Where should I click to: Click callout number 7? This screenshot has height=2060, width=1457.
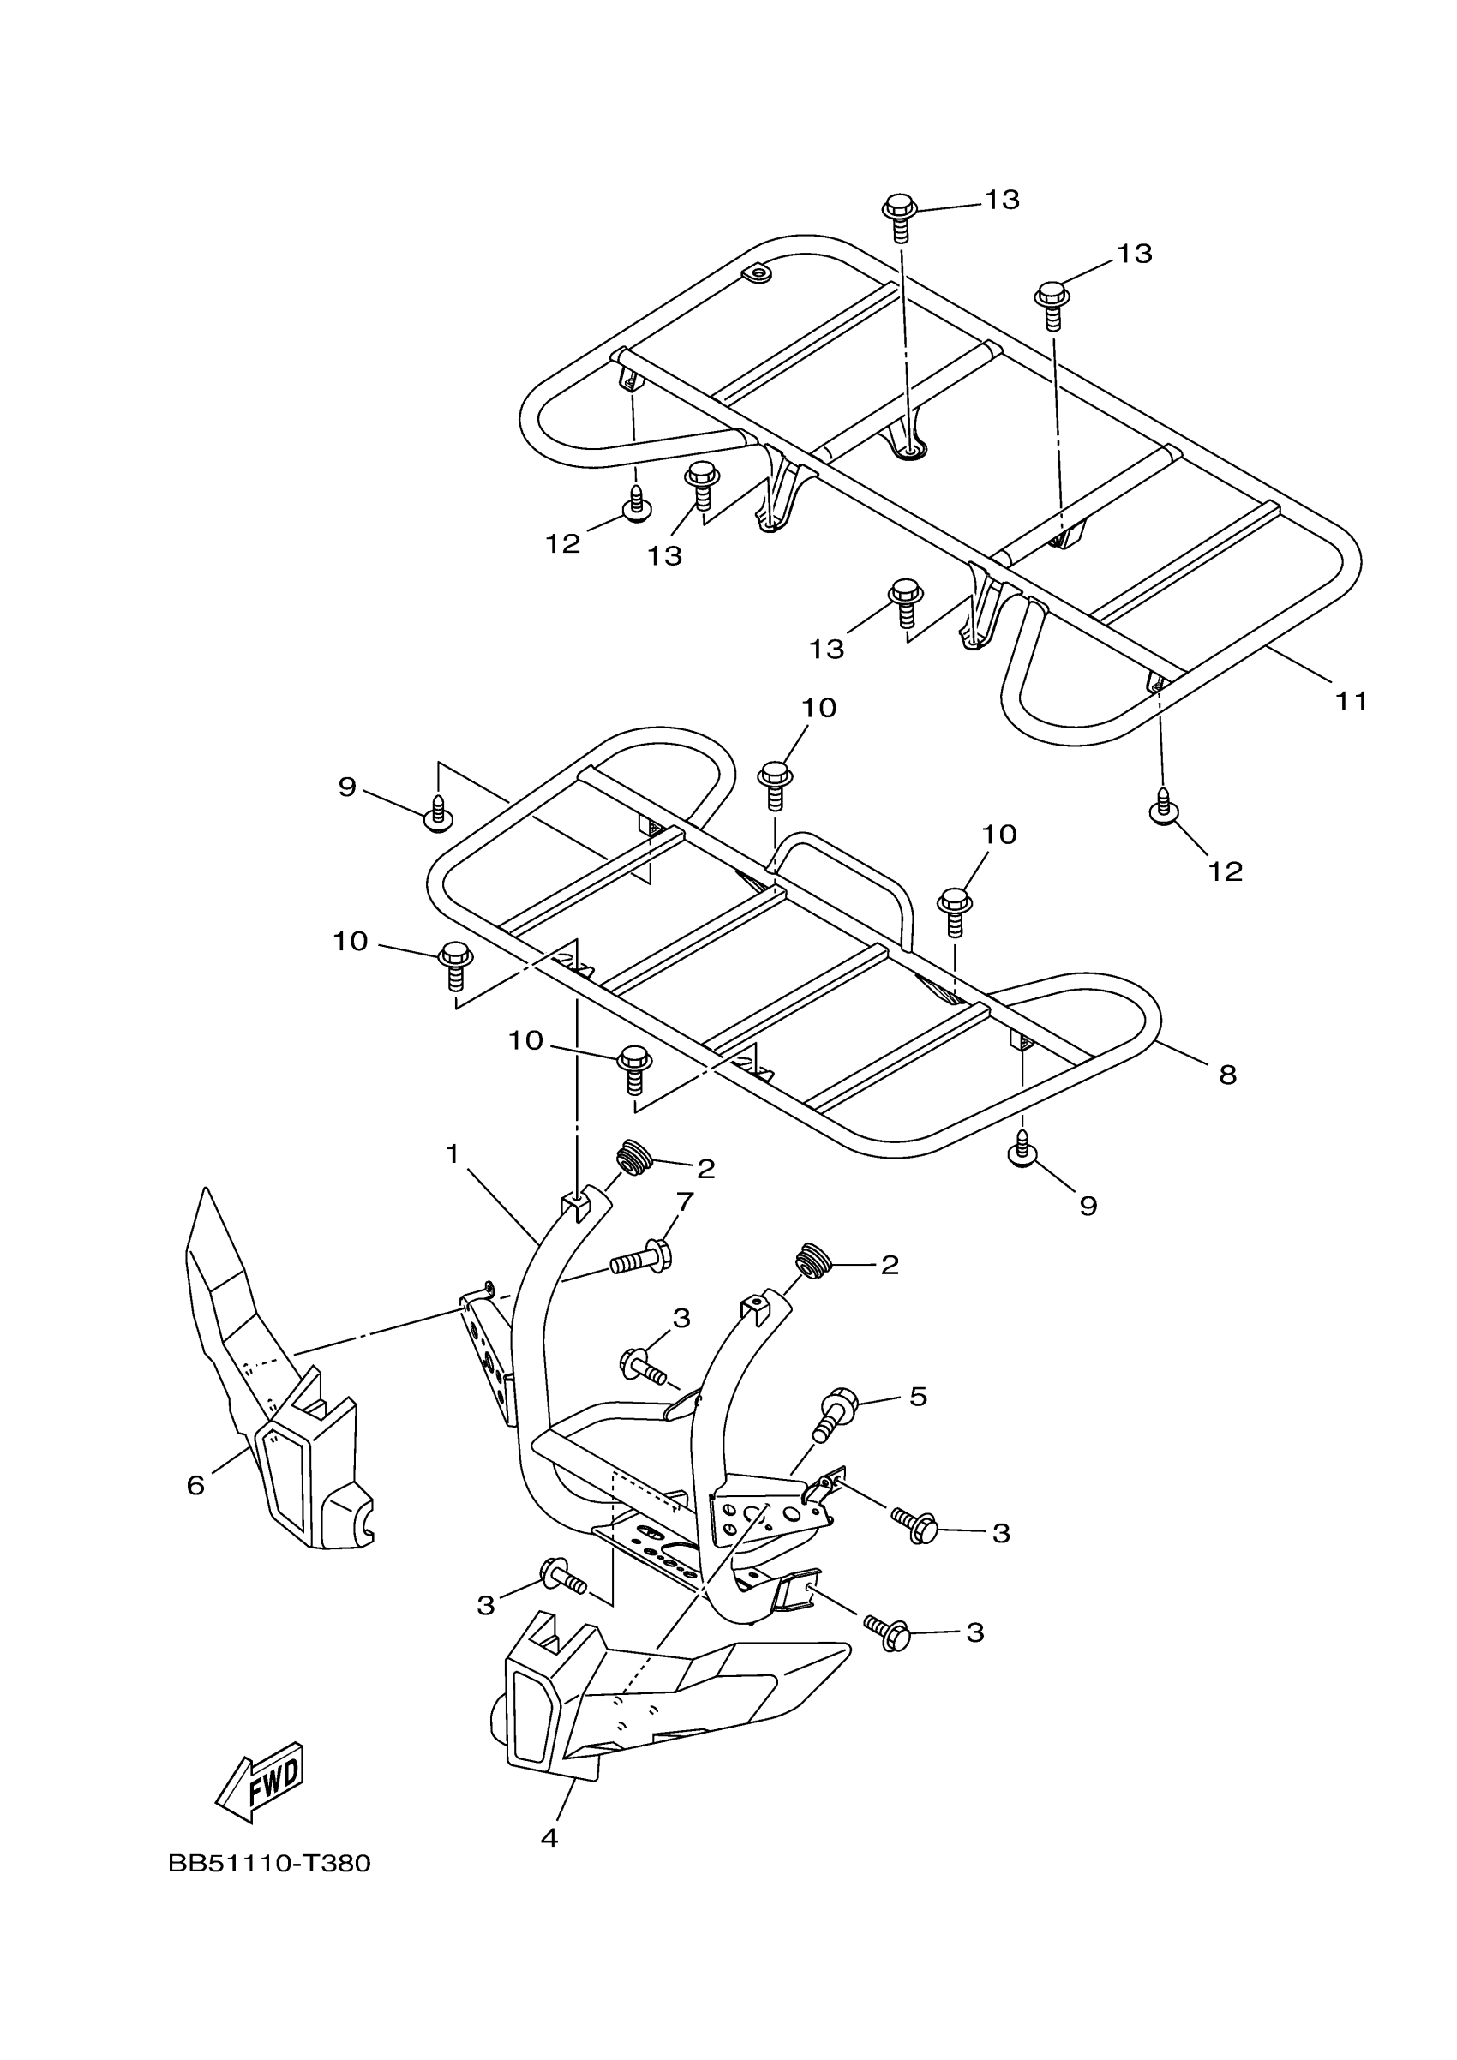click(x=686, y=1201)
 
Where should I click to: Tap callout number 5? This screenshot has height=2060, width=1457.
click(x=918, y=1396)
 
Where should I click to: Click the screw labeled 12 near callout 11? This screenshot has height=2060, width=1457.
click(x=1163, y=807)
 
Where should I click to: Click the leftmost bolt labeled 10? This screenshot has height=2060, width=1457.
click(x=456, y=962)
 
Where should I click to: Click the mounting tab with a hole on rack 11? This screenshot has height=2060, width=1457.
click(x=757, y=272)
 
